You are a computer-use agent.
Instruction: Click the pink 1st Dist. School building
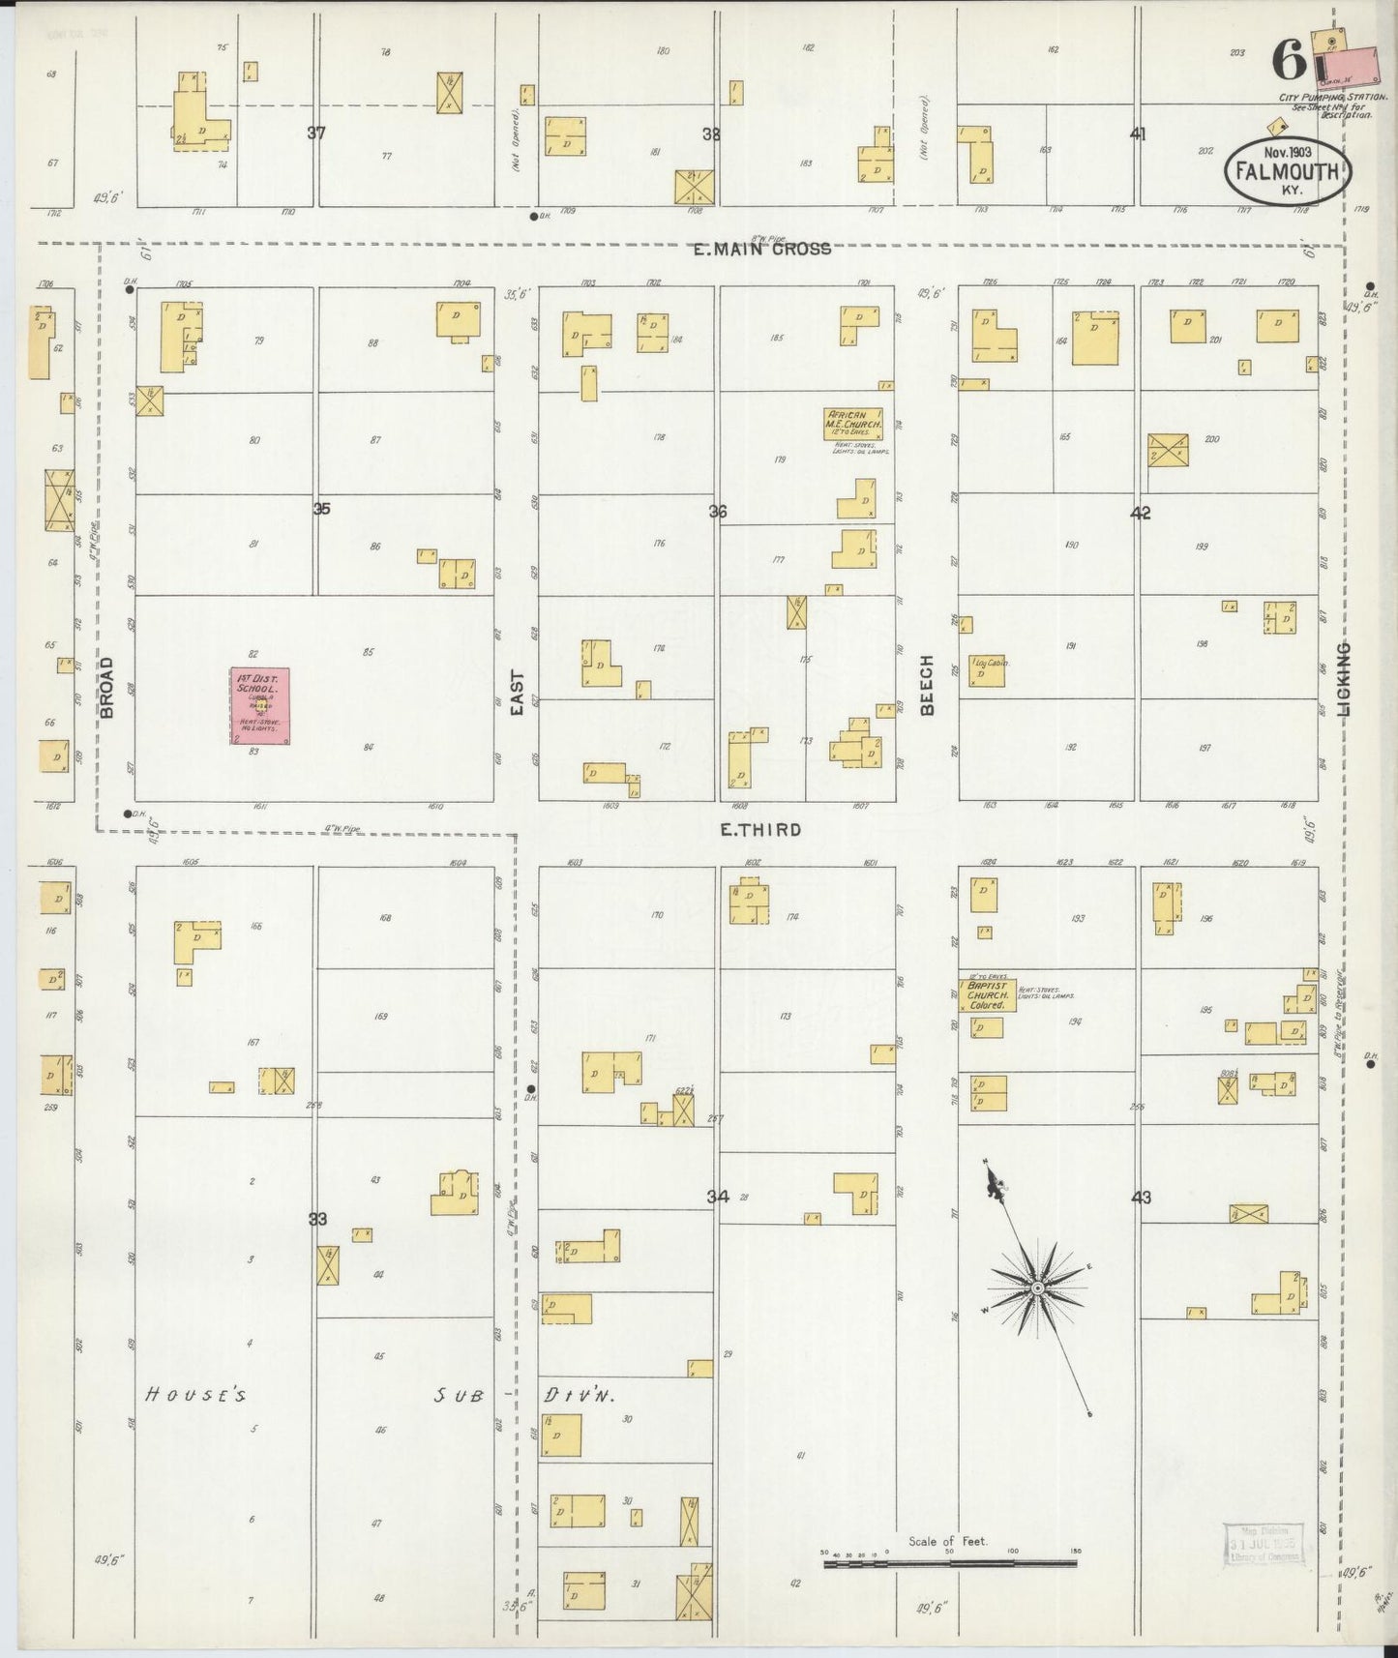point(259,705)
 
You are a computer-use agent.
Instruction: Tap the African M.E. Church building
point(852,423)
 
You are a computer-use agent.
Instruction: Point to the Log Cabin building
point(989,670)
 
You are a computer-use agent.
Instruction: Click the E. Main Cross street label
point(762,249)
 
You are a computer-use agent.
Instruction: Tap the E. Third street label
point(761,829)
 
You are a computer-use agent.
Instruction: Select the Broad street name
point(107,687)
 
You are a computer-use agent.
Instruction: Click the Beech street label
point(927,685)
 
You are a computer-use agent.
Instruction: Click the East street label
point(517,694)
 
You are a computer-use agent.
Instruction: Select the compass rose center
point(1037,1288)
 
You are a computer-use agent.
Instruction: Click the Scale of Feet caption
point(947,1541)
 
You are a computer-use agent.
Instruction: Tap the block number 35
point(321,507)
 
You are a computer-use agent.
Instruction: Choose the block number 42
point(1141,513)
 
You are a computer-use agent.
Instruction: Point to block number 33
point(316,1220)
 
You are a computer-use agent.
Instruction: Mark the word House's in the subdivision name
point(198,1395)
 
